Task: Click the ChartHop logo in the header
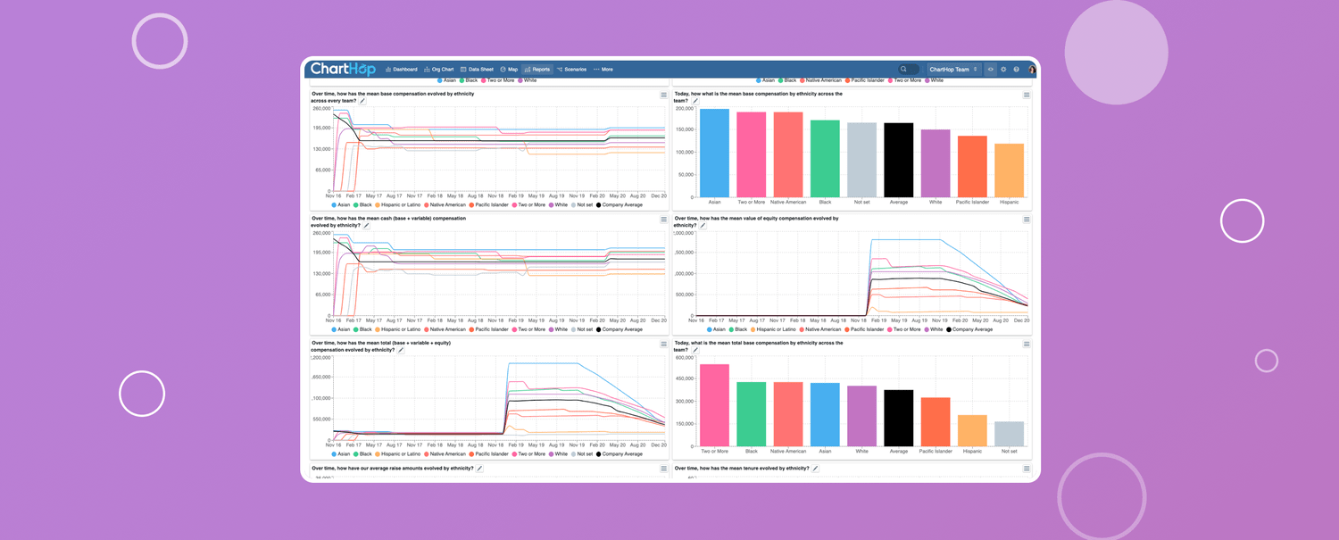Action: [342, 69]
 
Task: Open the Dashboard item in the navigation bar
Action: [402, 70]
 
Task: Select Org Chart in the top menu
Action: [439, 70]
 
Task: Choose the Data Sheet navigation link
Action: [477, 70]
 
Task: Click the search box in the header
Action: [909, 70]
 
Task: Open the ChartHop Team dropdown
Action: [952, 70]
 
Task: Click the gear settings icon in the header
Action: [1003, 70]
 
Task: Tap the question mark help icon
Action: [1016, 70]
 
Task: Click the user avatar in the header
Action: [1032, 70]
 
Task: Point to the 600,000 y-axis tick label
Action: [685, 358]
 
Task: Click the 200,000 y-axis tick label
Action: [685, 109]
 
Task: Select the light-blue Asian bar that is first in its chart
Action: [714, 153]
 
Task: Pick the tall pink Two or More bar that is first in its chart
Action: [714, 405]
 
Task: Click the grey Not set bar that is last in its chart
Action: [1009, 434]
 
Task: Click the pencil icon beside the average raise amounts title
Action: [479, 469]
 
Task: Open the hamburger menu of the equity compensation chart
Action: [1027, 220]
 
